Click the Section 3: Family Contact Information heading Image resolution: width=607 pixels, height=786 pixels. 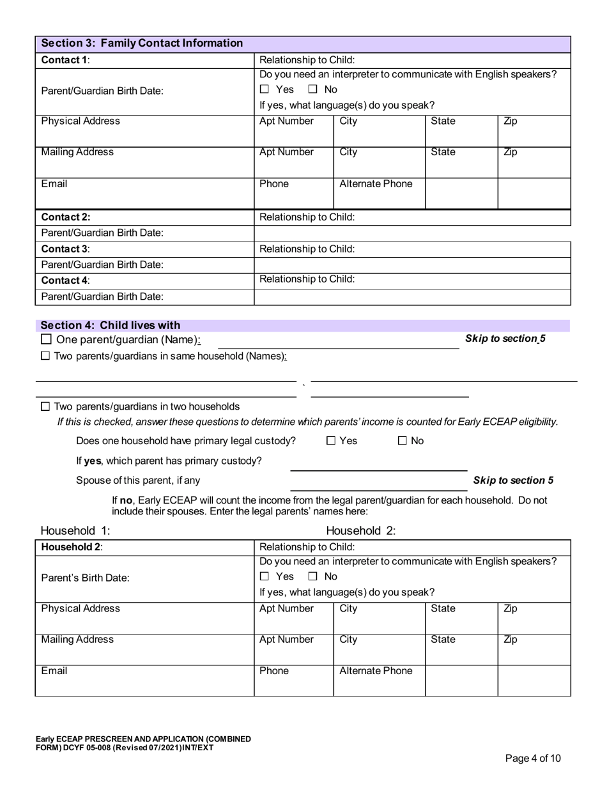(142, 43)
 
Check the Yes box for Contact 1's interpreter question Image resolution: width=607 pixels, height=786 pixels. (265, 89)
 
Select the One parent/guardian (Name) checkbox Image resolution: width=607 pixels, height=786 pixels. (46, 340)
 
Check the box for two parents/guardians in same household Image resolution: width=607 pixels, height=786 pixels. (45, 356)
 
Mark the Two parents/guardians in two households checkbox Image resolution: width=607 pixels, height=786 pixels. (45, 406)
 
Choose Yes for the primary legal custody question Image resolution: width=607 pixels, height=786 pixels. (331, 440)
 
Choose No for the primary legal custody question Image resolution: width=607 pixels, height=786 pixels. (403, 440)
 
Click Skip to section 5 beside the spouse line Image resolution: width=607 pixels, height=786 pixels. (513, 480)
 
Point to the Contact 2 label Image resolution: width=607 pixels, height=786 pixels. (66, 217)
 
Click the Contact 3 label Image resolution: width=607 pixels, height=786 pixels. (66, 249)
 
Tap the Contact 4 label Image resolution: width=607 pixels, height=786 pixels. (66, 280)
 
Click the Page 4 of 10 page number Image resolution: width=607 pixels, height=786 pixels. (533, 759)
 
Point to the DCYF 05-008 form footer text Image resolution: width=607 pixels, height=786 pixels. (143, 743)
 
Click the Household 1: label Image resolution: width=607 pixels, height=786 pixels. (75, 530)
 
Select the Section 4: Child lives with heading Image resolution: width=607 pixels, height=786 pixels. (111, 325)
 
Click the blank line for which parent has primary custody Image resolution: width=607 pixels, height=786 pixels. (378, 464)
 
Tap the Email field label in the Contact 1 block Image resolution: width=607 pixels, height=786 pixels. (54, 184)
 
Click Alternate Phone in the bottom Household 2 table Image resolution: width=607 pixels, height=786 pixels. (376, 671)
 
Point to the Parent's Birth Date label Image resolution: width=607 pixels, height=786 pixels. (85, 578)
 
